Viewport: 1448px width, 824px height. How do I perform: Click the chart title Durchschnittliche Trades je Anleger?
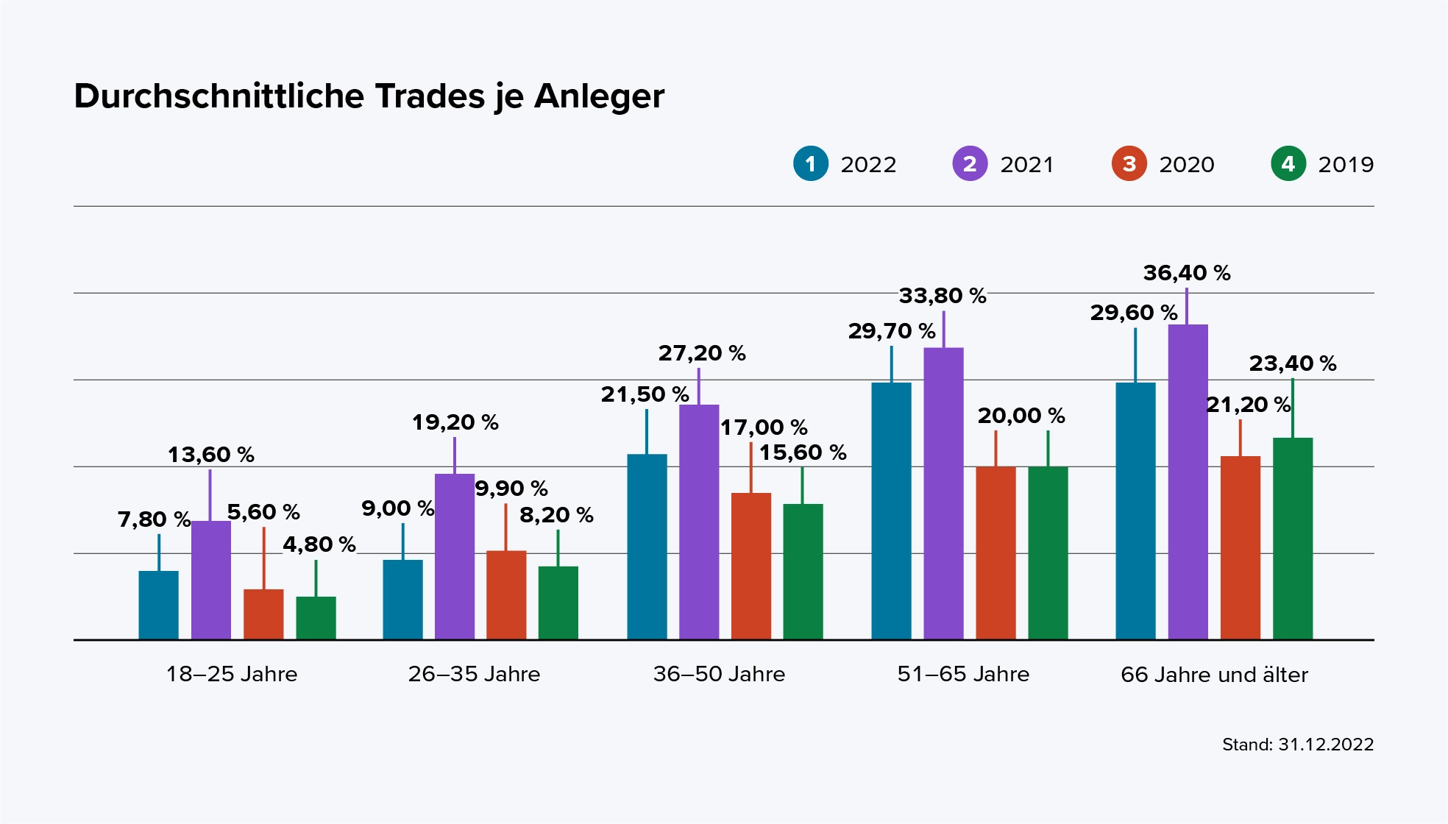(x=369, y=96)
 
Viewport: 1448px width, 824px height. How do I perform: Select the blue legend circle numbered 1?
(x=811, y=163)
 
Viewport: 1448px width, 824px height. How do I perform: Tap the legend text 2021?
(x=1026, y=164)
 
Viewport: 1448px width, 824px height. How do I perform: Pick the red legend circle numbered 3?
(x=1129, y=163)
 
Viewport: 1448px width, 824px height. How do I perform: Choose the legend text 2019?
(x=1346, y=164)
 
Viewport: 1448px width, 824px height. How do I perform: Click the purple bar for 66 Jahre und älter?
(x=1188, y=481)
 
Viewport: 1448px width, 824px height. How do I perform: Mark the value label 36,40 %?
(x=1186, y=273)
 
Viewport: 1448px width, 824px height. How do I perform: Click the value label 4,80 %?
(x=319, y=544)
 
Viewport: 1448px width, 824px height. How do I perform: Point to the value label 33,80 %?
(x=942, y=296)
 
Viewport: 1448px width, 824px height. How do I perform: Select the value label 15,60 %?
(x=802, y=452)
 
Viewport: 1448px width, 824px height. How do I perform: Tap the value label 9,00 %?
(x=397, y=508)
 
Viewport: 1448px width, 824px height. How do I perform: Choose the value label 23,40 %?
(x=1292, y=363)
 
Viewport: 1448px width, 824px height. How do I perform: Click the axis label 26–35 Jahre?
(x=474, y=674)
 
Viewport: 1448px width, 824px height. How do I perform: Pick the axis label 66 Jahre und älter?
(x=1214, y=675)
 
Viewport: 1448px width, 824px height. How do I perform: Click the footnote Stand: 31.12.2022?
(x=1297, y=745)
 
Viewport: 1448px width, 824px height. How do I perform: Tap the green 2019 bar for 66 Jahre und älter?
(x=1292, y=538)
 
